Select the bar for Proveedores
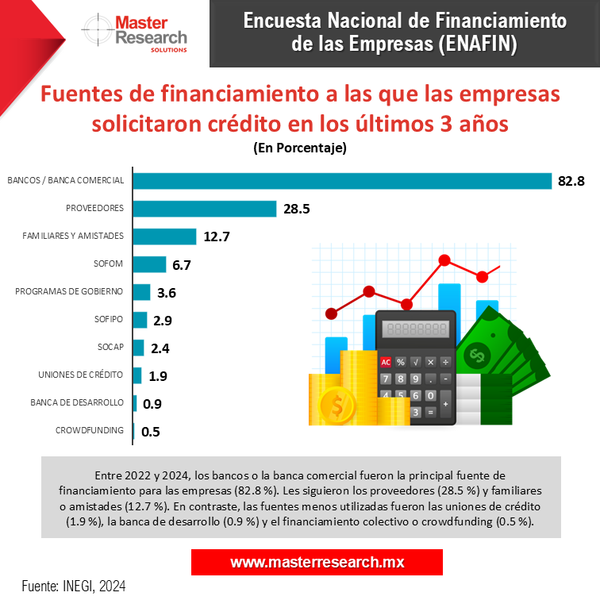coord(204,209)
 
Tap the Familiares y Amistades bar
coord(163,237)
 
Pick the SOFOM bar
coord(148,264)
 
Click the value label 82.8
coord(571,181)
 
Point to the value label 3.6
coord(167,293)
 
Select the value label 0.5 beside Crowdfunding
coord(151,432)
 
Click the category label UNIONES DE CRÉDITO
coord(81,375)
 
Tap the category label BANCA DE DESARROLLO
coord(77,402)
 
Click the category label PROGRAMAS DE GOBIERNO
coord(69,291)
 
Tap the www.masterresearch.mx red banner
coord(317,562)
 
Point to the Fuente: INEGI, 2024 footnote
coord(74,587)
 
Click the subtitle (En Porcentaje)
coord(300,148)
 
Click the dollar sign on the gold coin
coord(337,406)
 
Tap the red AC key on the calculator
coord(387,362)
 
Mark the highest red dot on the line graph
coord(444,260)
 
